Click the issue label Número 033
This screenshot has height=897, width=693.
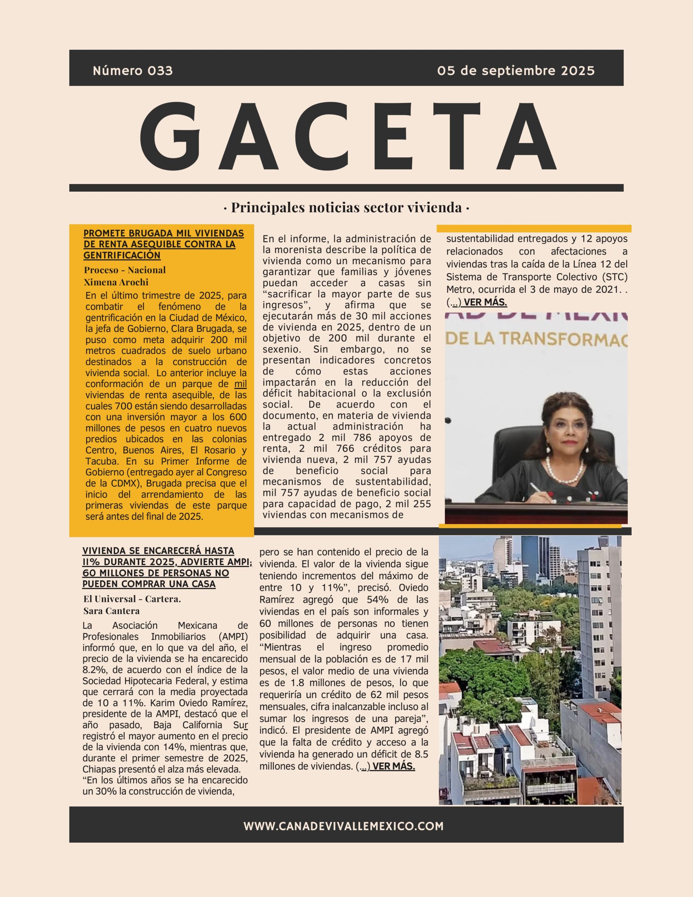click(133, 71)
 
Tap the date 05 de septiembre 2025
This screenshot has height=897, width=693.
click(515, 71)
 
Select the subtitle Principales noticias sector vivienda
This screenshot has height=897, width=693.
click(346, 207)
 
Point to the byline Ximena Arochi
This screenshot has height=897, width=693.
click(116, 282)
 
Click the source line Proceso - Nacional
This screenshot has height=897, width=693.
click(124, 270)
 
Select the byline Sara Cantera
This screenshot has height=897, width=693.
click(111, 611)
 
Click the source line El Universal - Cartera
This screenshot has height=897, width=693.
click(132, 599)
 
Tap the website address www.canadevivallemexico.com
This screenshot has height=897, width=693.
click(343, 826)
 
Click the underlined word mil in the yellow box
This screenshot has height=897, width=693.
click(240, 384)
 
